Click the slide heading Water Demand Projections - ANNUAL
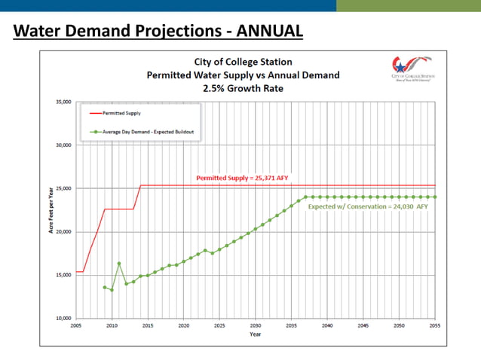(x=158, y=31)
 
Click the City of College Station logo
(x=412, y=68)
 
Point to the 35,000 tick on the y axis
(x=62, y=102)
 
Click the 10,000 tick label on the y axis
(x=62, y=318)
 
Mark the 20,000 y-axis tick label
(x=62, y=231)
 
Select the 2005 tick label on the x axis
(x=76, y=326)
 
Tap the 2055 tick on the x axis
(x=434, y=326)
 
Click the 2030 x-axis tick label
(x=256, y=326)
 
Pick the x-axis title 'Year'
(x=256, y=334)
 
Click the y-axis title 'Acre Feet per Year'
(x=51, y=210)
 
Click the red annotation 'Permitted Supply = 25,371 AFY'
(x=242, y=178)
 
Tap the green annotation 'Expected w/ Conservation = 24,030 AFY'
(x=368, y=206)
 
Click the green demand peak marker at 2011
(x=119, y=264)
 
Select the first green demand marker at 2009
(x=105, y=287)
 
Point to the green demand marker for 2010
(x=112, y=290)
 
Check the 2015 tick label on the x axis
(x=148, y=326)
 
